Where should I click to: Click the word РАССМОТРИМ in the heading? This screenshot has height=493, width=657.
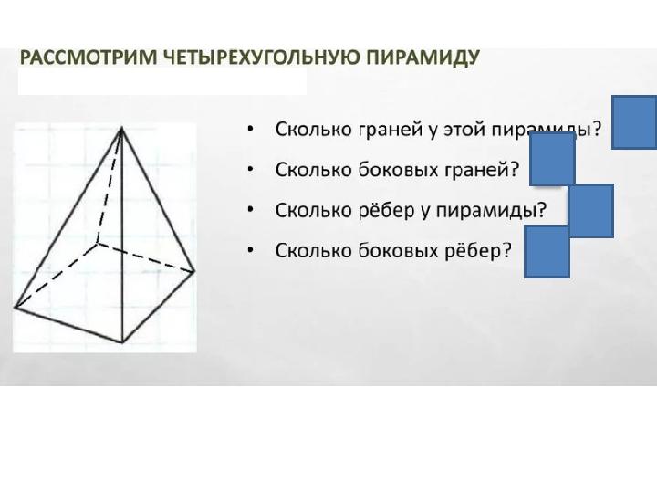(89, 57)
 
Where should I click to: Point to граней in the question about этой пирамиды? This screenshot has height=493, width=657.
(391, 131)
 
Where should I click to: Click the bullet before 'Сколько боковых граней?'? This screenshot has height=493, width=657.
(251, 169)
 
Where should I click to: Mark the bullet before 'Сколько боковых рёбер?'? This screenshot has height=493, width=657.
(251, 250)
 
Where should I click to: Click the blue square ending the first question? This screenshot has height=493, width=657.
(634, 122)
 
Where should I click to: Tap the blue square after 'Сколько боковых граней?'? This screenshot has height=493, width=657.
(552, 159)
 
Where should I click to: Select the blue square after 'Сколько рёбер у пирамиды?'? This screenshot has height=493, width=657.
(591, 211)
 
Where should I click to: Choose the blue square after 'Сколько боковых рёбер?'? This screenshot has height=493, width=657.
(547, 252)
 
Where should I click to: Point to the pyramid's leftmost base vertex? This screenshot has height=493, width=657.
(16, 308)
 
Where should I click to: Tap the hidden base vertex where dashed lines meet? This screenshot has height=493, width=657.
(97, 243)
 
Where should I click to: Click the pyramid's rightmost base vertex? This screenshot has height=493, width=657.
(195, 272)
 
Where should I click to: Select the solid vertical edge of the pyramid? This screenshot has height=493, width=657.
(121, 235)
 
